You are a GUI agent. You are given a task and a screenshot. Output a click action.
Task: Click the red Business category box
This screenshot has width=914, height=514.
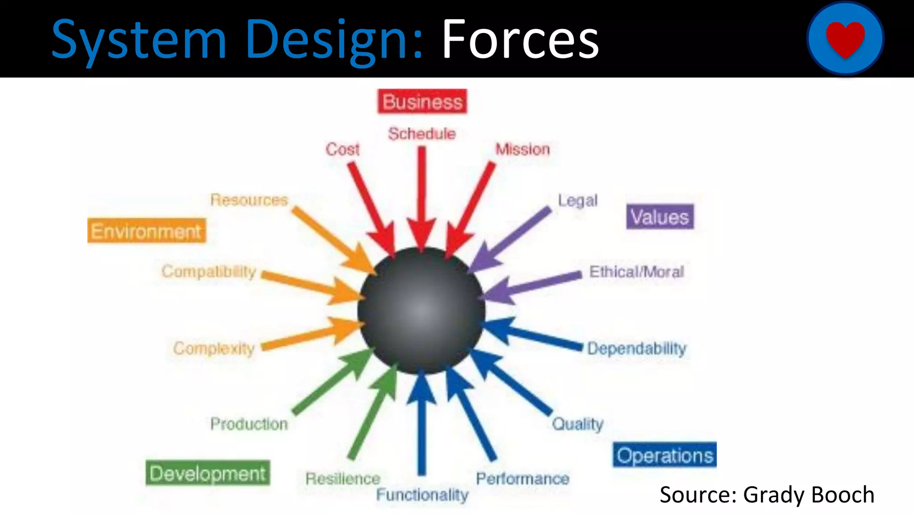tap(422, 102)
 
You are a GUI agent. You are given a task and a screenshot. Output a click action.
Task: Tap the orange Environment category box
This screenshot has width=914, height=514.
tap(146, 231)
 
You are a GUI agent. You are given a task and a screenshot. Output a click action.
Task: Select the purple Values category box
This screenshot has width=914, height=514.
tap(660, 217)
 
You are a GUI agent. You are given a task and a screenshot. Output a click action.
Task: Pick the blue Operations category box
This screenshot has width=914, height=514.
tap(665, 455)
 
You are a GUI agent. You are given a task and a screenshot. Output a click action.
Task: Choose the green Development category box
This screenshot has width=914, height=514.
tap(208, 473)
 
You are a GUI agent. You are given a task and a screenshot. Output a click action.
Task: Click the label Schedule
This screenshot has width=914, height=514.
tap(422, 133)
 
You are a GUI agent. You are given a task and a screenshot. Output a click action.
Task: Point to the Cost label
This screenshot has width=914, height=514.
tap(342, 149)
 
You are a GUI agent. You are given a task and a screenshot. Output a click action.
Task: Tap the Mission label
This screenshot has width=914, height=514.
tap(523, 149)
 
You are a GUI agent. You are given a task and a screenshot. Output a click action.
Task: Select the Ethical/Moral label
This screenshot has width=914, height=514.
tap(636, 271)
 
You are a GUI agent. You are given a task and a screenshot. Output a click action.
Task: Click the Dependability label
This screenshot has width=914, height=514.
tap(636, 348)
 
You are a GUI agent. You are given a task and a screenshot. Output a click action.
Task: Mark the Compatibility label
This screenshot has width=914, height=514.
tap(209, 271)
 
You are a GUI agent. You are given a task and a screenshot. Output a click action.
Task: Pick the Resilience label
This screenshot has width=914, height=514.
tap(343, 479)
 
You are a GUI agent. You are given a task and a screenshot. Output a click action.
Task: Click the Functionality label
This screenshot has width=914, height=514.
tap(422, 494)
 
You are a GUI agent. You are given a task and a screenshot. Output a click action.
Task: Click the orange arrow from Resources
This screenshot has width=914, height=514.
tap(332, 240)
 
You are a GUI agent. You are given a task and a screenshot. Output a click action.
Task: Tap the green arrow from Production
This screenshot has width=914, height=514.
tap(332, 383)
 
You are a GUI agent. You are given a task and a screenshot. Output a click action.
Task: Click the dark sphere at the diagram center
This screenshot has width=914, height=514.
tap(421, 311)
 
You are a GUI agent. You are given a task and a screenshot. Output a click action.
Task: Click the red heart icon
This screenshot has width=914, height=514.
tap(845, 38)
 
